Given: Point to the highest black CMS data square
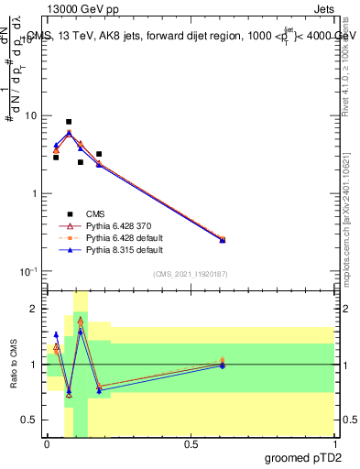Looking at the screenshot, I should (69, 122).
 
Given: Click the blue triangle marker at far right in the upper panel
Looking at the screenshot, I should (223, 240).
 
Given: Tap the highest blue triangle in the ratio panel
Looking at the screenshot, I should (81, 331).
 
